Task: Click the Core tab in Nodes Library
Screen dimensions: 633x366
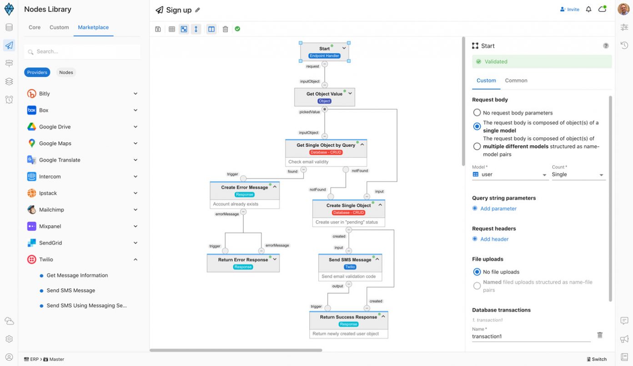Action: (x=35, y=27)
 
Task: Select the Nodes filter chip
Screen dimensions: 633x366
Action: (x=66, y=72)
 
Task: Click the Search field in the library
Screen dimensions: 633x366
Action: (x=82, y=51)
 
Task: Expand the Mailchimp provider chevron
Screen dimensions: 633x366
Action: (x=136, y=209)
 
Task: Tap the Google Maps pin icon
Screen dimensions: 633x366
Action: (x=32, y=143)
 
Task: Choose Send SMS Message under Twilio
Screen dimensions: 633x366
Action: (x=70, y=290)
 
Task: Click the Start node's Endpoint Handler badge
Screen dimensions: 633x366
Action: (x=324, y=56)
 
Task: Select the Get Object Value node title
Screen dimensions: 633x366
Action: (x=324, y=94)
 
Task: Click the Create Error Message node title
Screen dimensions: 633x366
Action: (x=245, y=187)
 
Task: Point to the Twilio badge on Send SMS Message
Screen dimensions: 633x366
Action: (x=350, y=267)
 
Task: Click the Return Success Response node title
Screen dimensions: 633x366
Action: (x=348, y=317)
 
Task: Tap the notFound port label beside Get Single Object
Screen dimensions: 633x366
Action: (x=360, y=171)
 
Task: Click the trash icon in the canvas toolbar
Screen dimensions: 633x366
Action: (x=225, y=29)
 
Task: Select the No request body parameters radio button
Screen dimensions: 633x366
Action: (x=477, y=112)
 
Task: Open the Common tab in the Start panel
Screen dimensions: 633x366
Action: (x=516, y=80)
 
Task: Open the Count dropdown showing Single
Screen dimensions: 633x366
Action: (x=578, y=174)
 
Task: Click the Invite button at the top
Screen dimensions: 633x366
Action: (x=570, y=10)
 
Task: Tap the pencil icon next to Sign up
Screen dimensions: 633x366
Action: (x=197, y=10)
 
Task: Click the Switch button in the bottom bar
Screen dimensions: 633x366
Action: (x=597, y=359)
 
